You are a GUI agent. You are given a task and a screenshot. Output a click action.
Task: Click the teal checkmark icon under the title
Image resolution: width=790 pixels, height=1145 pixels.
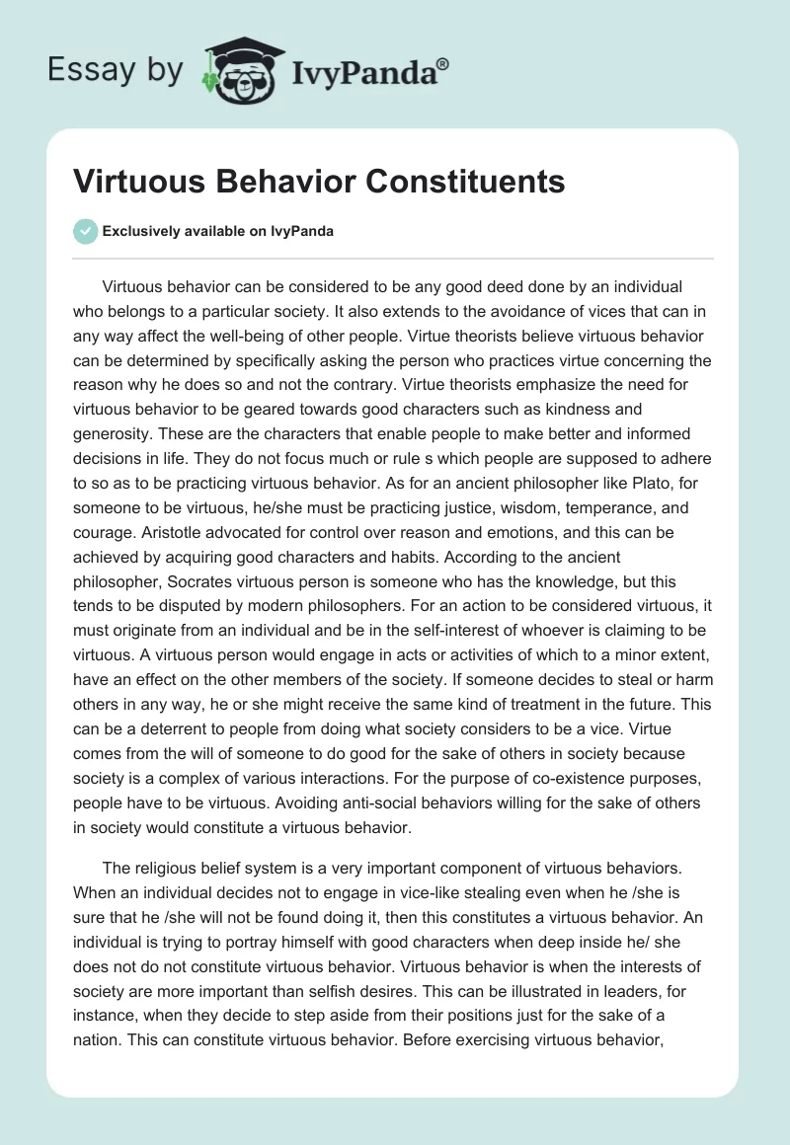coord(85,231)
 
